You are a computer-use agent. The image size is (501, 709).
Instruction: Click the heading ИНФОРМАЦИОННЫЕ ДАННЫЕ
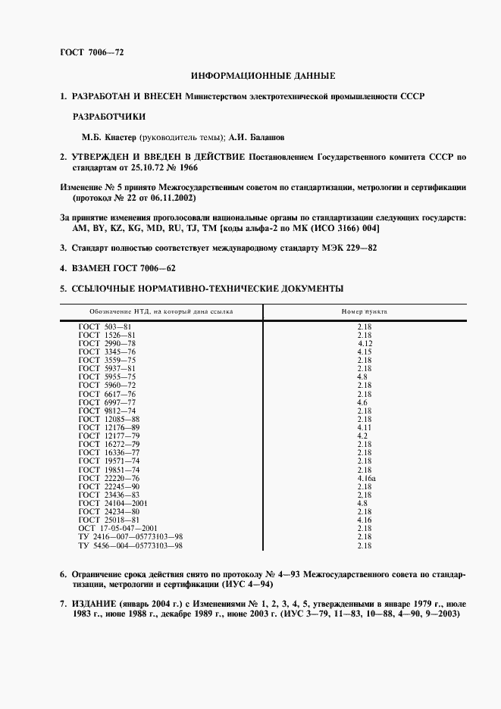263,77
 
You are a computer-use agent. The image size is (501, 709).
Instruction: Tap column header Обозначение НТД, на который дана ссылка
161,311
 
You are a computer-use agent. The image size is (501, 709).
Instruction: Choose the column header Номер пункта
365,311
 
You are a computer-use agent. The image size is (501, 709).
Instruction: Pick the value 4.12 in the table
365,343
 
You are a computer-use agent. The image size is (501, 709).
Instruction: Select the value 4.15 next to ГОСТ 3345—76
364,351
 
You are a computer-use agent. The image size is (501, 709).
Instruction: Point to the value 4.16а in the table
366,479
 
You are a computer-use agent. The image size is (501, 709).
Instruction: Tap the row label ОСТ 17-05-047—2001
118,529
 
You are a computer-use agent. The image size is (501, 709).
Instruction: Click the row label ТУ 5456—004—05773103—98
131,545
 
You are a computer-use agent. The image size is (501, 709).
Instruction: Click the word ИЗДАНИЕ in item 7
92,603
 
